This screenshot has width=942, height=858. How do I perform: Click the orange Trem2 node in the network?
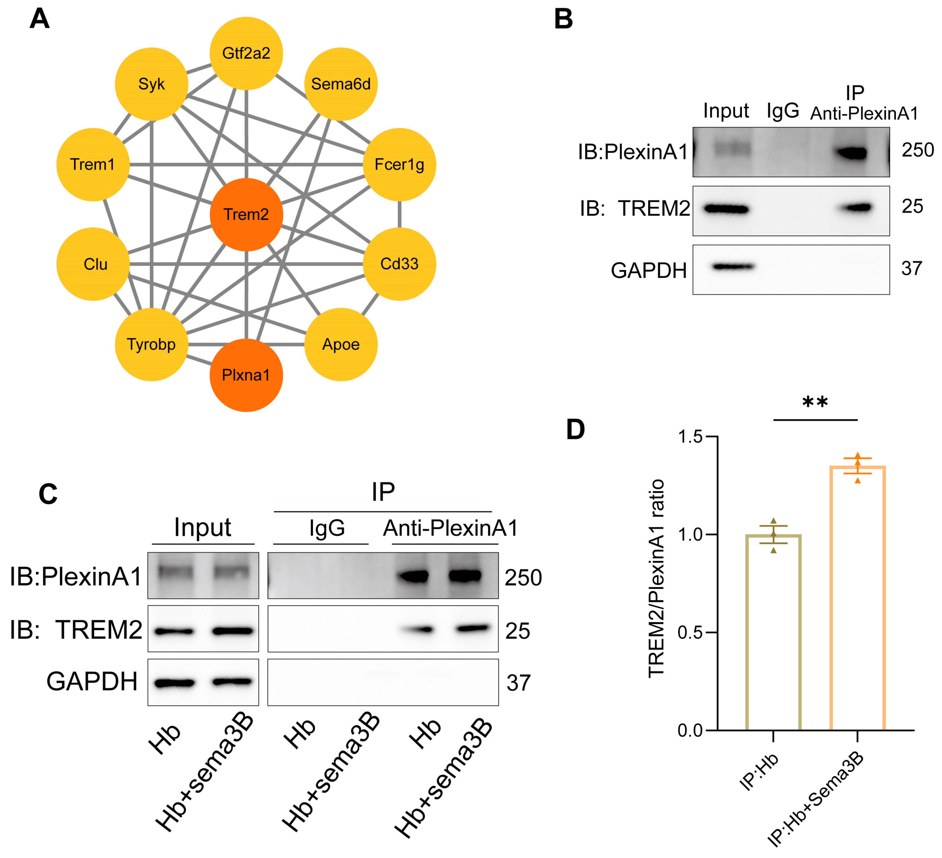pos(246,215)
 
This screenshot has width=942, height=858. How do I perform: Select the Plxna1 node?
pos(246,375)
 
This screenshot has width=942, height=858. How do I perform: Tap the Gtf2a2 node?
pos(246,53)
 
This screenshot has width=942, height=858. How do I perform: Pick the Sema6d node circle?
pos(341,84)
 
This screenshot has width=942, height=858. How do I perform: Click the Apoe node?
pos(341,344)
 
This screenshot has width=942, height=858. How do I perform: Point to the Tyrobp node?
pos(151,344)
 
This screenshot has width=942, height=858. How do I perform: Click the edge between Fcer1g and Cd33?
pos(400,215)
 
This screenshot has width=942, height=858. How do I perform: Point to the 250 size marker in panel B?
pos(917,150)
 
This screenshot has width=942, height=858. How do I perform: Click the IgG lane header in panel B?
pos(783,111)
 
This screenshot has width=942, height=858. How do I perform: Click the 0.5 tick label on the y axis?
pos(690,632)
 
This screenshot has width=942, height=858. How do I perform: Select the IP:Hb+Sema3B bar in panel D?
pos(857,598)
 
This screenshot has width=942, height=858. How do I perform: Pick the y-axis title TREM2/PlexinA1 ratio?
pos(656,578)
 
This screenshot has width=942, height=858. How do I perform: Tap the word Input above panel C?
pos(202,528)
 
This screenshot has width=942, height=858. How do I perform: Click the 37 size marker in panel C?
pos(518,683)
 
